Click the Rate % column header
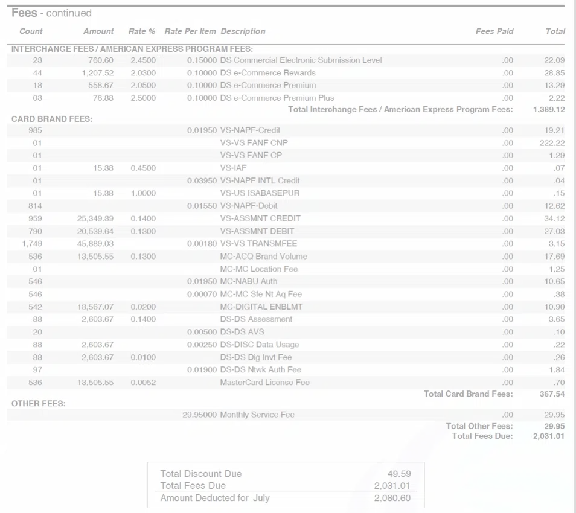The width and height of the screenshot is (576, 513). click(x=142, y=31)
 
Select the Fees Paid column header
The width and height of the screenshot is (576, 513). click(x=494, y=31)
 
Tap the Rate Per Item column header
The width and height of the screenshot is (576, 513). click(x=190, y=31)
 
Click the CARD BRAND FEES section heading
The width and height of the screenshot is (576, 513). click(x=52, y=119)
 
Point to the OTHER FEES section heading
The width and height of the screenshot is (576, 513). click(x=39, y=403)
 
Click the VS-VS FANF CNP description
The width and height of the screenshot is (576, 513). click(x=254, y=143)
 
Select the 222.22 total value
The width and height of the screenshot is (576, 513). click(x=552, y=143)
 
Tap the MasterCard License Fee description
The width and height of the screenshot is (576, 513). click(x=264, y=383)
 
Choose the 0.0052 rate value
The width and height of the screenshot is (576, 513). click(x=143, y=383)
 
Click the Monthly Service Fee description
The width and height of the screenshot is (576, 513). click(x=257, y=415)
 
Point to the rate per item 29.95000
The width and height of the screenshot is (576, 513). click(x=199, y=415)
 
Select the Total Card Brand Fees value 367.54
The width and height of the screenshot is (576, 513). click(x=552, y=394)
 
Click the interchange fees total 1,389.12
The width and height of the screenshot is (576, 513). click(x=549, y=110)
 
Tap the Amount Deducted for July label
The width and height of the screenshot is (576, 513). click(x=215, y=499)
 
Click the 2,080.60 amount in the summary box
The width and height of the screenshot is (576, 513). click(x=392, y=499)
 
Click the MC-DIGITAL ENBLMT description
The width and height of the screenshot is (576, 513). click(x=261, y=307)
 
